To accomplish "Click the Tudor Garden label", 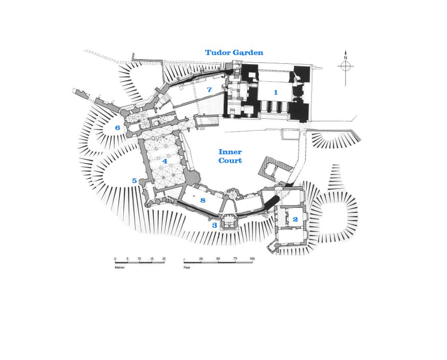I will pyautogui.click(x=234, y=52).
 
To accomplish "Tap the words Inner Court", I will pyautogui.click(x=230, y=156).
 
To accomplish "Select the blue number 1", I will pyautogui.click(x=276, y=93).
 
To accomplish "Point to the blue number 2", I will pyautogui.click(x=295, y=219).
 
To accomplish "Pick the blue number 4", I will pyautogui.click(x=164, y=161).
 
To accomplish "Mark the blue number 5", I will pyautogui.click(x=135, y=181).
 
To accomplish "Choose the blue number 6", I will pyautogui.click(x=118, y=128).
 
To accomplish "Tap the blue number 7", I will pyautogui.click(x=209, y=90).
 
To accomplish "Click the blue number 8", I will pyautogui.click(x=203, y=200).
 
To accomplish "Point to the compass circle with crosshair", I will pyautogui.click(x=345, y=66).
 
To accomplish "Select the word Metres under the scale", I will pyautogui.click(x=120, y=267).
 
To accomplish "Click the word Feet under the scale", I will pyautogui.click(x=187, y=267).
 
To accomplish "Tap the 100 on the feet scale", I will pyautogui.click(x=252, y=258).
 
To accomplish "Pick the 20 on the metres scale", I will pyautogui.click(x=164, y=258).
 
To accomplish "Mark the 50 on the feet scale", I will pyautogui.click(x=218, y=258).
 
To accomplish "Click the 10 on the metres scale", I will pyautogui.click(x=139, y=258).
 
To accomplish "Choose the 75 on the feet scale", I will pyautogui.click(x=235, y=258).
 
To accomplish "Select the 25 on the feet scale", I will pyautogui.click(x=201, y=258).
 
